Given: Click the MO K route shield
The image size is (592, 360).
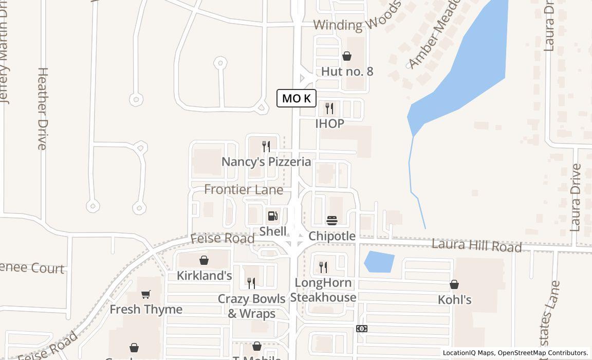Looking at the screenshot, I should click(x=297, y=98).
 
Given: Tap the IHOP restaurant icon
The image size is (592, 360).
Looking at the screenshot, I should click(x=329, y=108).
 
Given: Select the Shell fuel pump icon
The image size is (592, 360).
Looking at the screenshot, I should click(x=273, y=216).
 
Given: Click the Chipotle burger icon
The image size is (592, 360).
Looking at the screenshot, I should click(x=332, y=221).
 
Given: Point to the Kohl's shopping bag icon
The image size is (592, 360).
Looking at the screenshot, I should click(x=454, y=284).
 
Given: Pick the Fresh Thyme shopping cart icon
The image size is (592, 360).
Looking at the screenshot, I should click(x=146, y=295).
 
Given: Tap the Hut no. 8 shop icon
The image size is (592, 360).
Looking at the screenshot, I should click(x=347, y=56).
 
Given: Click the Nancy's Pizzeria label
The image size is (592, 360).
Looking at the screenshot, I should click(x=266, y=162).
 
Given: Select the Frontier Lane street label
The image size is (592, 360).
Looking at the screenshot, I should click(x=244, y=190).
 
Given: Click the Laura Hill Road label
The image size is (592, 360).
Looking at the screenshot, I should click(x=476, y=245).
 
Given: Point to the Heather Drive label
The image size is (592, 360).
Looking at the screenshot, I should click(x=43, y=109).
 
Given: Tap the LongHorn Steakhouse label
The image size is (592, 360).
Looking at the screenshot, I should click(x=323, y=290).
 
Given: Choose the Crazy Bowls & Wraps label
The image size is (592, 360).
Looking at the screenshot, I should click(x=252, y=306).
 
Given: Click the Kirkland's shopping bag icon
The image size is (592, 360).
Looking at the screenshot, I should click(x=204, y=261).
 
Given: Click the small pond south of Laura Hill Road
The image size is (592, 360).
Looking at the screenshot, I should click(x=379, y=262).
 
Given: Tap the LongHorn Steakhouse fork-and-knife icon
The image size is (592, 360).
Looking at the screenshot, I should click(x=323, y=267).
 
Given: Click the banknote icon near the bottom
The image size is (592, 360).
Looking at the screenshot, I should click(x=362, y=329).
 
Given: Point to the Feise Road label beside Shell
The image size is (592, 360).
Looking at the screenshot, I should click(x=223, y=239).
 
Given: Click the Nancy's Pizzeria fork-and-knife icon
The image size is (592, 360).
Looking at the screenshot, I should click(x=266, y=147).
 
